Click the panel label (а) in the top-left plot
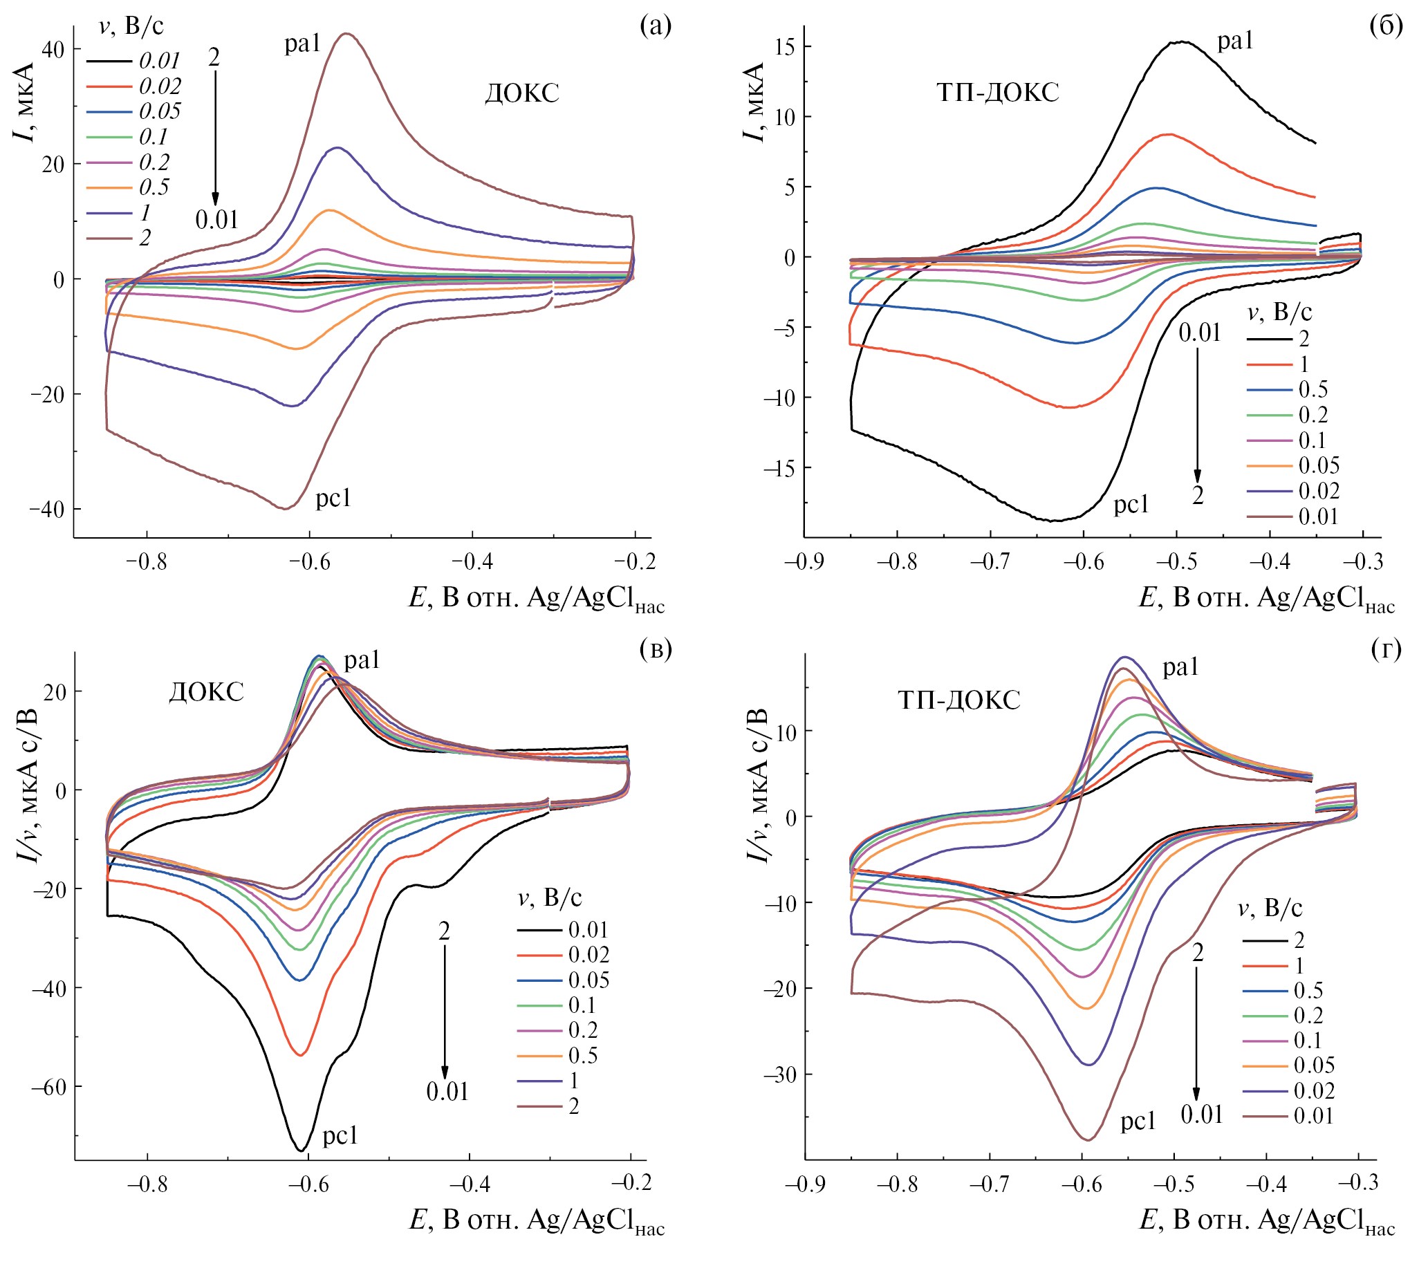(655, 26)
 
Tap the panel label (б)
(1386, 26)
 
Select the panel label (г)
(1386, 650)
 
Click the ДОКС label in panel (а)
(522, 93)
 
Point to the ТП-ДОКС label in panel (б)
(997, 93)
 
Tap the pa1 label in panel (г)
(1180, 668)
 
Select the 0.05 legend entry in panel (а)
(159, 112)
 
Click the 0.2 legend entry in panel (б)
(1313, 415)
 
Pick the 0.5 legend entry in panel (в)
(583, 1055)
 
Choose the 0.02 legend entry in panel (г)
(1313, 1090)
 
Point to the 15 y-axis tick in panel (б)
(785, 47)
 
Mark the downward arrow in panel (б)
(1198, 416)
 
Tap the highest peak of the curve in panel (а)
(345, 34)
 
